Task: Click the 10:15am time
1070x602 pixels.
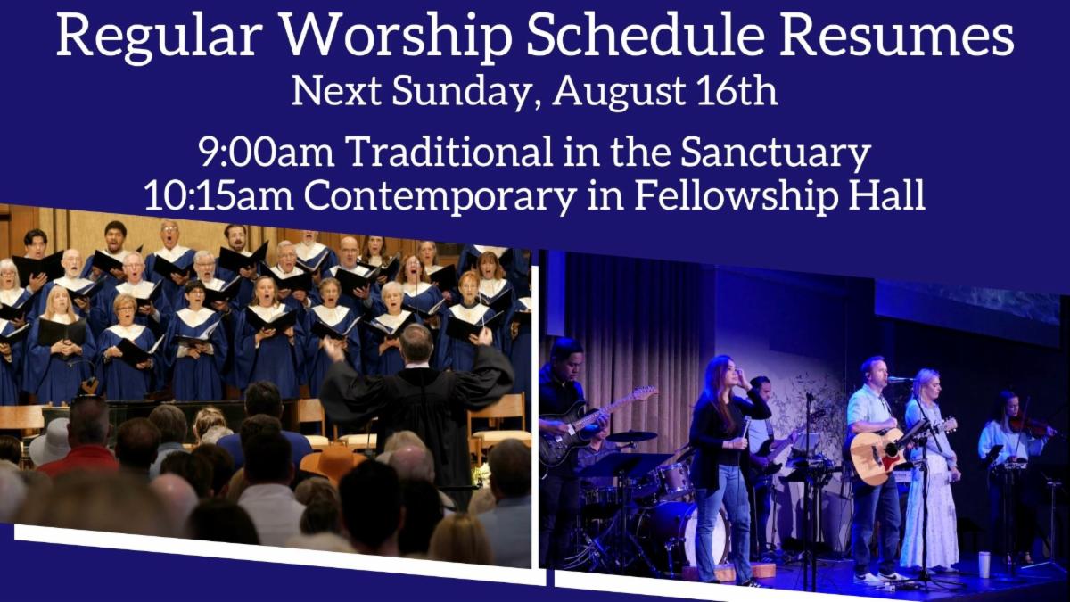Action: [x=218, y=195]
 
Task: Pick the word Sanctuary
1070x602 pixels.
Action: [x=775, y=153]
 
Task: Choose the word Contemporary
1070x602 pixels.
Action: [x=440, y=197]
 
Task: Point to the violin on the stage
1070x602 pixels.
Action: [x=1033, y=425]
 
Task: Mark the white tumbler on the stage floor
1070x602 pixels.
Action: [x=984, y=564]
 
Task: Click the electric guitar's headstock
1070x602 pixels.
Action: [x=644, y=393]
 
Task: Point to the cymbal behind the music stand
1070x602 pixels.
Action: [x=631, y=436]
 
